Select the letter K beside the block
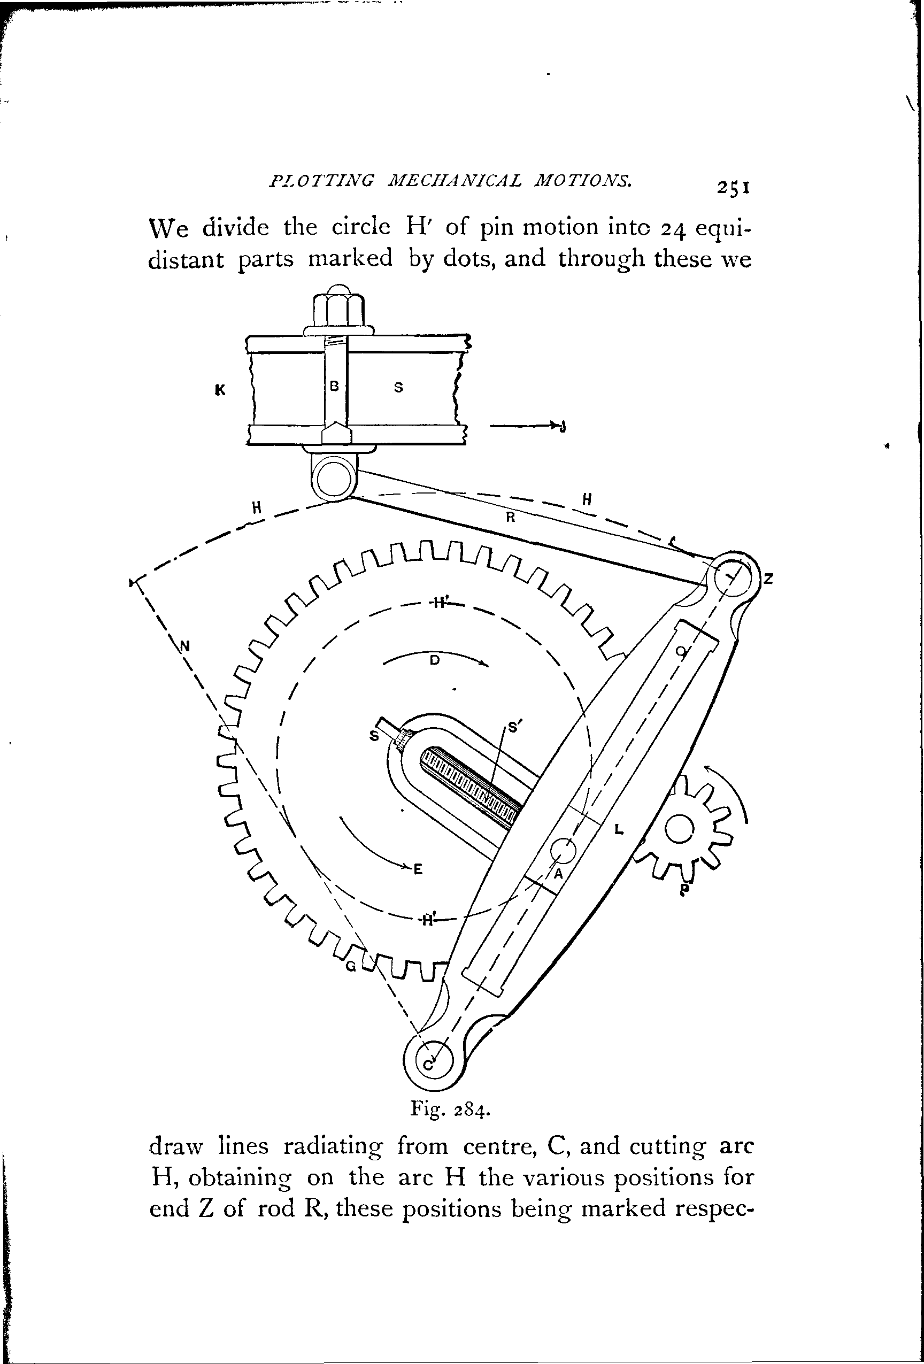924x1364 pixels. click(220, 390)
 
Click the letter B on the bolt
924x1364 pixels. click(335, 386)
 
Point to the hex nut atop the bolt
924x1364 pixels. click(338, 311)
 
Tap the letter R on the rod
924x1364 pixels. click(510, 518)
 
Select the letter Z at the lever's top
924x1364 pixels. click(768, 579)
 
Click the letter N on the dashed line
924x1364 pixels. click(185, 646)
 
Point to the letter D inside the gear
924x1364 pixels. click(434, 660)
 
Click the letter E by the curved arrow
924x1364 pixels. click(418, 869)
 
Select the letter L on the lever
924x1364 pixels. click(618, 829)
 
